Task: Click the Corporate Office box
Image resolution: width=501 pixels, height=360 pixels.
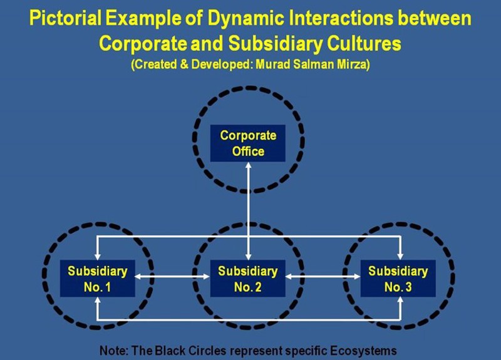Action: (248, 143)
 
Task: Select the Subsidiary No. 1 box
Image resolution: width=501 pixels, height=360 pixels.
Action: (98, 279)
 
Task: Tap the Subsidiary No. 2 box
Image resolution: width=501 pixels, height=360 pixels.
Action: (248, 279)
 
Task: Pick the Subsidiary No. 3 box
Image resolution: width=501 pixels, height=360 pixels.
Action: (398, 279)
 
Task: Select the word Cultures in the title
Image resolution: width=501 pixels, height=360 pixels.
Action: (363, 44)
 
